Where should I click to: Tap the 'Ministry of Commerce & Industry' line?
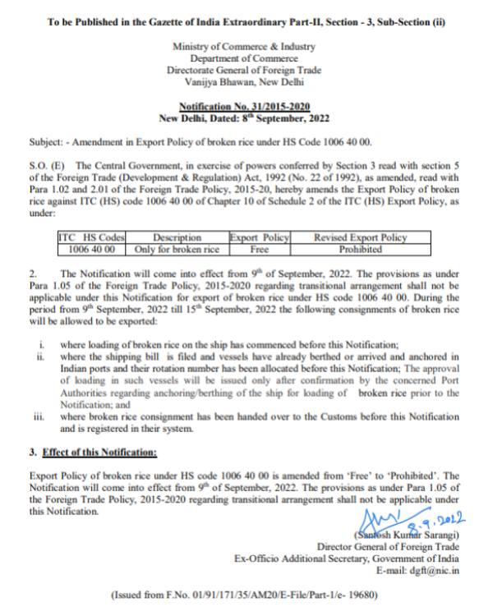244,48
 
